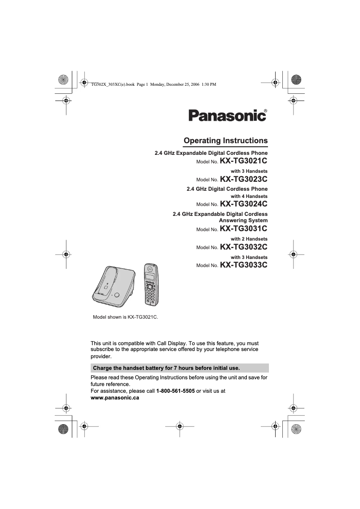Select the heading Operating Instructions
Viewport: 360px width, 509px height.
click(x=225, y=140)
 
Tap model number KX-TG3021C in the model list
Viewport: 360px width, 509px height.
click(x=243, y=161)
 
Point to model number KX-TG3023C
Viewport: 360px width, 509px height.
click(x=243, y=179)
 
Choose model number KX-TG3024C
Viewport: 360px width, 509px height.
click(x=243, y=204)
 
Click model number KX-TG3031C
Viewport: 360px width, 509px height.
click(x=243, y=229)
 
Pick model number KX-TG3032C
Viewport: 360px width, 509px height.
click(x=243, y=247)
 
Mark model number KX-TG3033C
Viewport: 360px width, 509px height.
click(x=243, y=265)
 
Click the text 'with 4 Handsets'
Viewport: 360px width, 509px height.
click(x=249, y=196)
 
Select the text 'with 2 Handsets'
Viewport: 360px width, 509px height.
click(x=249, y=239)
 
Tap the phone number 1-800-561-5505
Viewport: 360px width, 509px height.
click(x=175, y=391)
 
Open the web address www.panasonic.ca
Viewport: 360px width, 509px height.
click(x=115, y=398)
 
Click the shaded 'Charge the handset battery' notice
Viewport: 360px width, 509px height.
click(x=180, y=368)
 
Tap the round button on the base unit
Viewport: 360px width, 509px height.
click(x=117, y=295)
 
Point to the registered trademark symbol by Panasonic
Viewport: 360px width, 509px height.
click(x=265, y=110)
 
